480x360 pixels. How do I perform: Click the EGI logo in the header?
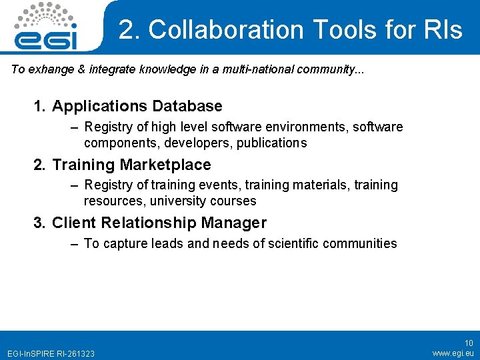[x=46, y=27]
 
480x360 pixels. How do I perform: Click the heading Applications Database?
[x=137, y=106]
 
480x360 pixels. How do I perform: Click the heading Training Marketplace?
[x=131, y=165]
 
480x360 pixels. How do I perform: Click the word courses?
[x=233, y=201]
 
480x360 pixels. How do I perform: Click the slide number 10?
[x=469, y=343]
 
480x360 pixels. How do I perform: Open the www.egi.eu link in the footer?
[x=453, y=353]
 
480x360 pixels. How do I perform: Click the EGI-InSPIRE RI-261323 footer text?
[x=51, y=353]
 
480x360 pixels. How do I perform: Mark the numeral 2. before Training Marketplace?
[x=40, y=165]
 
